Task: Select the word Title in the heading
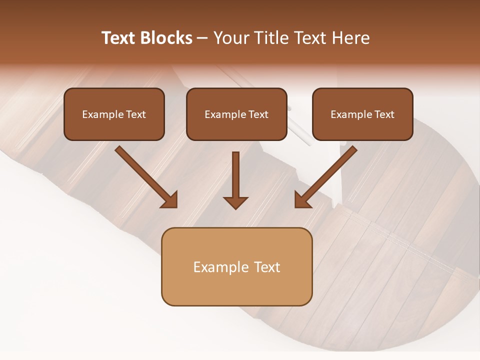pyautogui.click(x=274, y=38)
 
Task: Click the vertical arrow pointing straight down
pyautogui.click(x=235, y=175)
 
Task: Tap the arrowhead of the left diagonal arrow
pyautogui.click(x=170, y=200)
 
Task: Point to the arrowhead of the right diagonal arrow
pyautogui.click(x=302, y=200)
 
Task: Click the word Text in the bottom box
pyautogui.click(x=266, y=267)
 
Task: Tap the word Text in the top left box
pyautogui.click(x=136, y=114)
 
